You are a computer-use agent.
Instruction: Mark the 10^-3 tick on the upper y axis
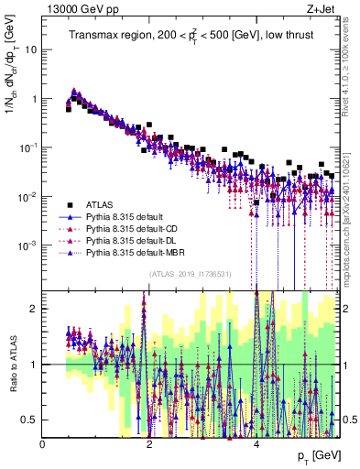coord(28,245)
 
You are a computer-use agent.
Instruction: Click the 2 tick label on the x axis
coord(149,444)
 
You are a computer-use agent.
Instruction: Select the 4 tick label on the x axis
coord(256,444)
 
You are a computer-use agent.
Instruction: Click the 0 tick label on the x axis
coord(42,444)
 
